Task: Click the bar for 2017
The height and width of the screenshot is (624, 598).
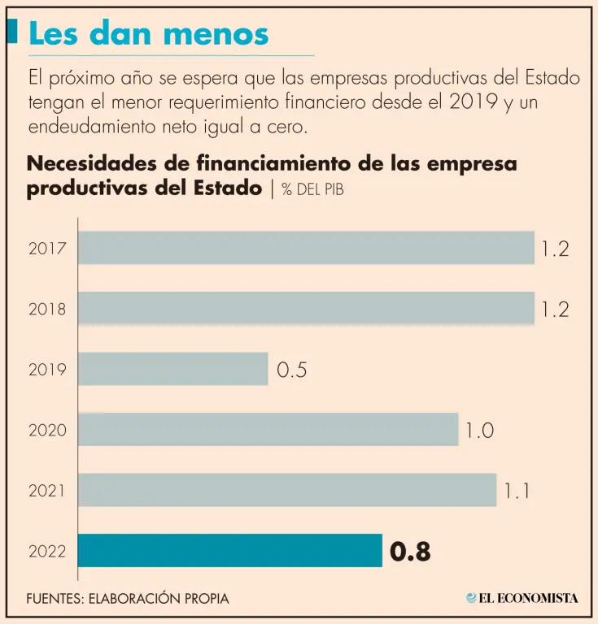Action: click(x=306, y=248)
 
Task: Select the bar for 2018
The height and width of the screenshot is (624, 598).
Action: click(x=306, y=309)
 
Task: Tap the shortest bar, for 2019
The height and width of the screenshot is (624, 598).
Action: click(x=173, y=369)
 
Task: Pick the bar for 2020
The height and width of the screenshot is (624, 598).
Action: click(x=268, y=429)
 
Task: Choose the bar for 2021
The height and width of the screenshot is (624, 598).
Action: click(x=287, y=490)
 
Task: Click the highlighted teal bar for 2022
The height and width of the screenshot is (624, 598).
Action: click(x=230, y=551)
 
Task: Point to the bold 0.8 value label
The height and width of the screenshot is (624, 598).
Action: click(x=410, y=552)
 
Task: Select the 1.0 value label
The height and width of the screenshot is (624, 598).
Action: click(x=479, y=430)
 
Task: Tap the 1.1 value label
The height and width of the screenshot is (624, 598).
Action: click(x=518, y=491)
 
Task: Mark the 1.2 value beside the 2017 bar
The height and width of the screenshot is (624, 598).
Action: click(x=555, y=249)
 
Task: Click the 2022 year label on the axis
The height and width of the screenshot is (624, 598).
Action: click(x=47, y=552)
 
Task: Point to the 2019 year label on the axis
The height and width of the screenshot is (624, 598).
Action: click(x=47, y=370)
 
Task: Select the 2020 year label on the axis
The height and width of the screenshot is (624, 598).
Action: click(x=47, y=430)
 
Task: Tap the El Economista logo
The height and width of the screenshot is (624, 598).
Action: click(x=522, y=598)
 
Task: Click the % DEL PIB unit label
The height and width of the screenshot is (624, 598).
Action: click(x=318, y=190)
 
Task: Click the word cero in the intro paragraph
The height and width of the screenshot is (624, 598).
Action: click(x=290, y=128)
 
